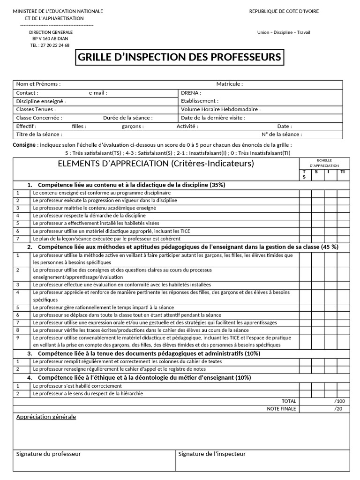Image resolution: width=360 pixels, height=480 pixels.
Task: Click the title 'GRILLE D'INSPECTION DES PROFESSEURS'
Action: pyautogui.click(x=180, y=58)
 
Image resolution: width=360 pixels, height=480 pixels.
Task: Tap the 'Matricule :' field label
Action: pyautogui.click(x=229, y=84)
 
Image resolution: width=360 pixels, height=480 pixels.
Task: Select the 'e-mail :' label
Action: pyautogui.click(x=98, y=93)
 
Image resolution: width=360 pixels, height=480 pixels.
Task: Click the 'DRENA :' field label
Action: pyautogui.click(x=191, y=93)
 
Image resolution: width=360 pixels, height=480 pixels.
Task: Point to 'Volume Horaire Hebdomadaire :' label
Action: pyautogui.click(x=221, y=109)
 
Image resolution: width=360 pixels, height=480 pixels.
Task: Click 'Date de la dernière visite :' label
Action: pyautogui.click(x=212, y=118)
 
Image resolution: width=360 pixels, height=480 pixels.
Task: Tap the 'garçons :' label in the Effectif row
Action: pyautogui.click(x=133, y=126)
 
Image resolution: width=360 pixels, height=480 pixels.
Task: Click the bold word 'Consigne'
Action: pyautogui.click(x=24, y=145)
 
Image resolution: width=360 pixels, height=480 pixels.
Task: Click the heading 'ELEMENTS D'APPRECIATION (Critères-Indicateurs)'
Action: pyautogui.click(x=156, y=164)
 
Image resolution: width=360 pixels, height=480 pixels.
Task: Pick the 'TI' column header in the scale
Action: pyautogui.click(x=343, y=172)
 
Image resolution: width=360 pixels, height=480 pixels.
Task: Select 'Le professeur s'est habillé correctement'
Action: pyautogui.click(x=77, y=386)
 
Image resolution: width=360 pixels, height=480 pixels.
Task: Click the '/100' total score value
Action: pyautogui.click(x=339, y=401)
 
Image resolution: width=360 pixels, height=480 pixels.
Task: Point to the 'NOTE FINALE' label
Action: pyautogui.click(x=281, y=409)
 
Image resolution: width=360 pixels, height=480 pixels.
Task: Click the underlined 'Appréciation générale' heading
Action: pyautogui.click(x=46, y=417)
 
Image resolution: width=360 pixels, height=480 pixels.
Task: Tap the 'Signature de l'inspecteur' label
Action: pyautogui.click(x=212, y=454)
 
